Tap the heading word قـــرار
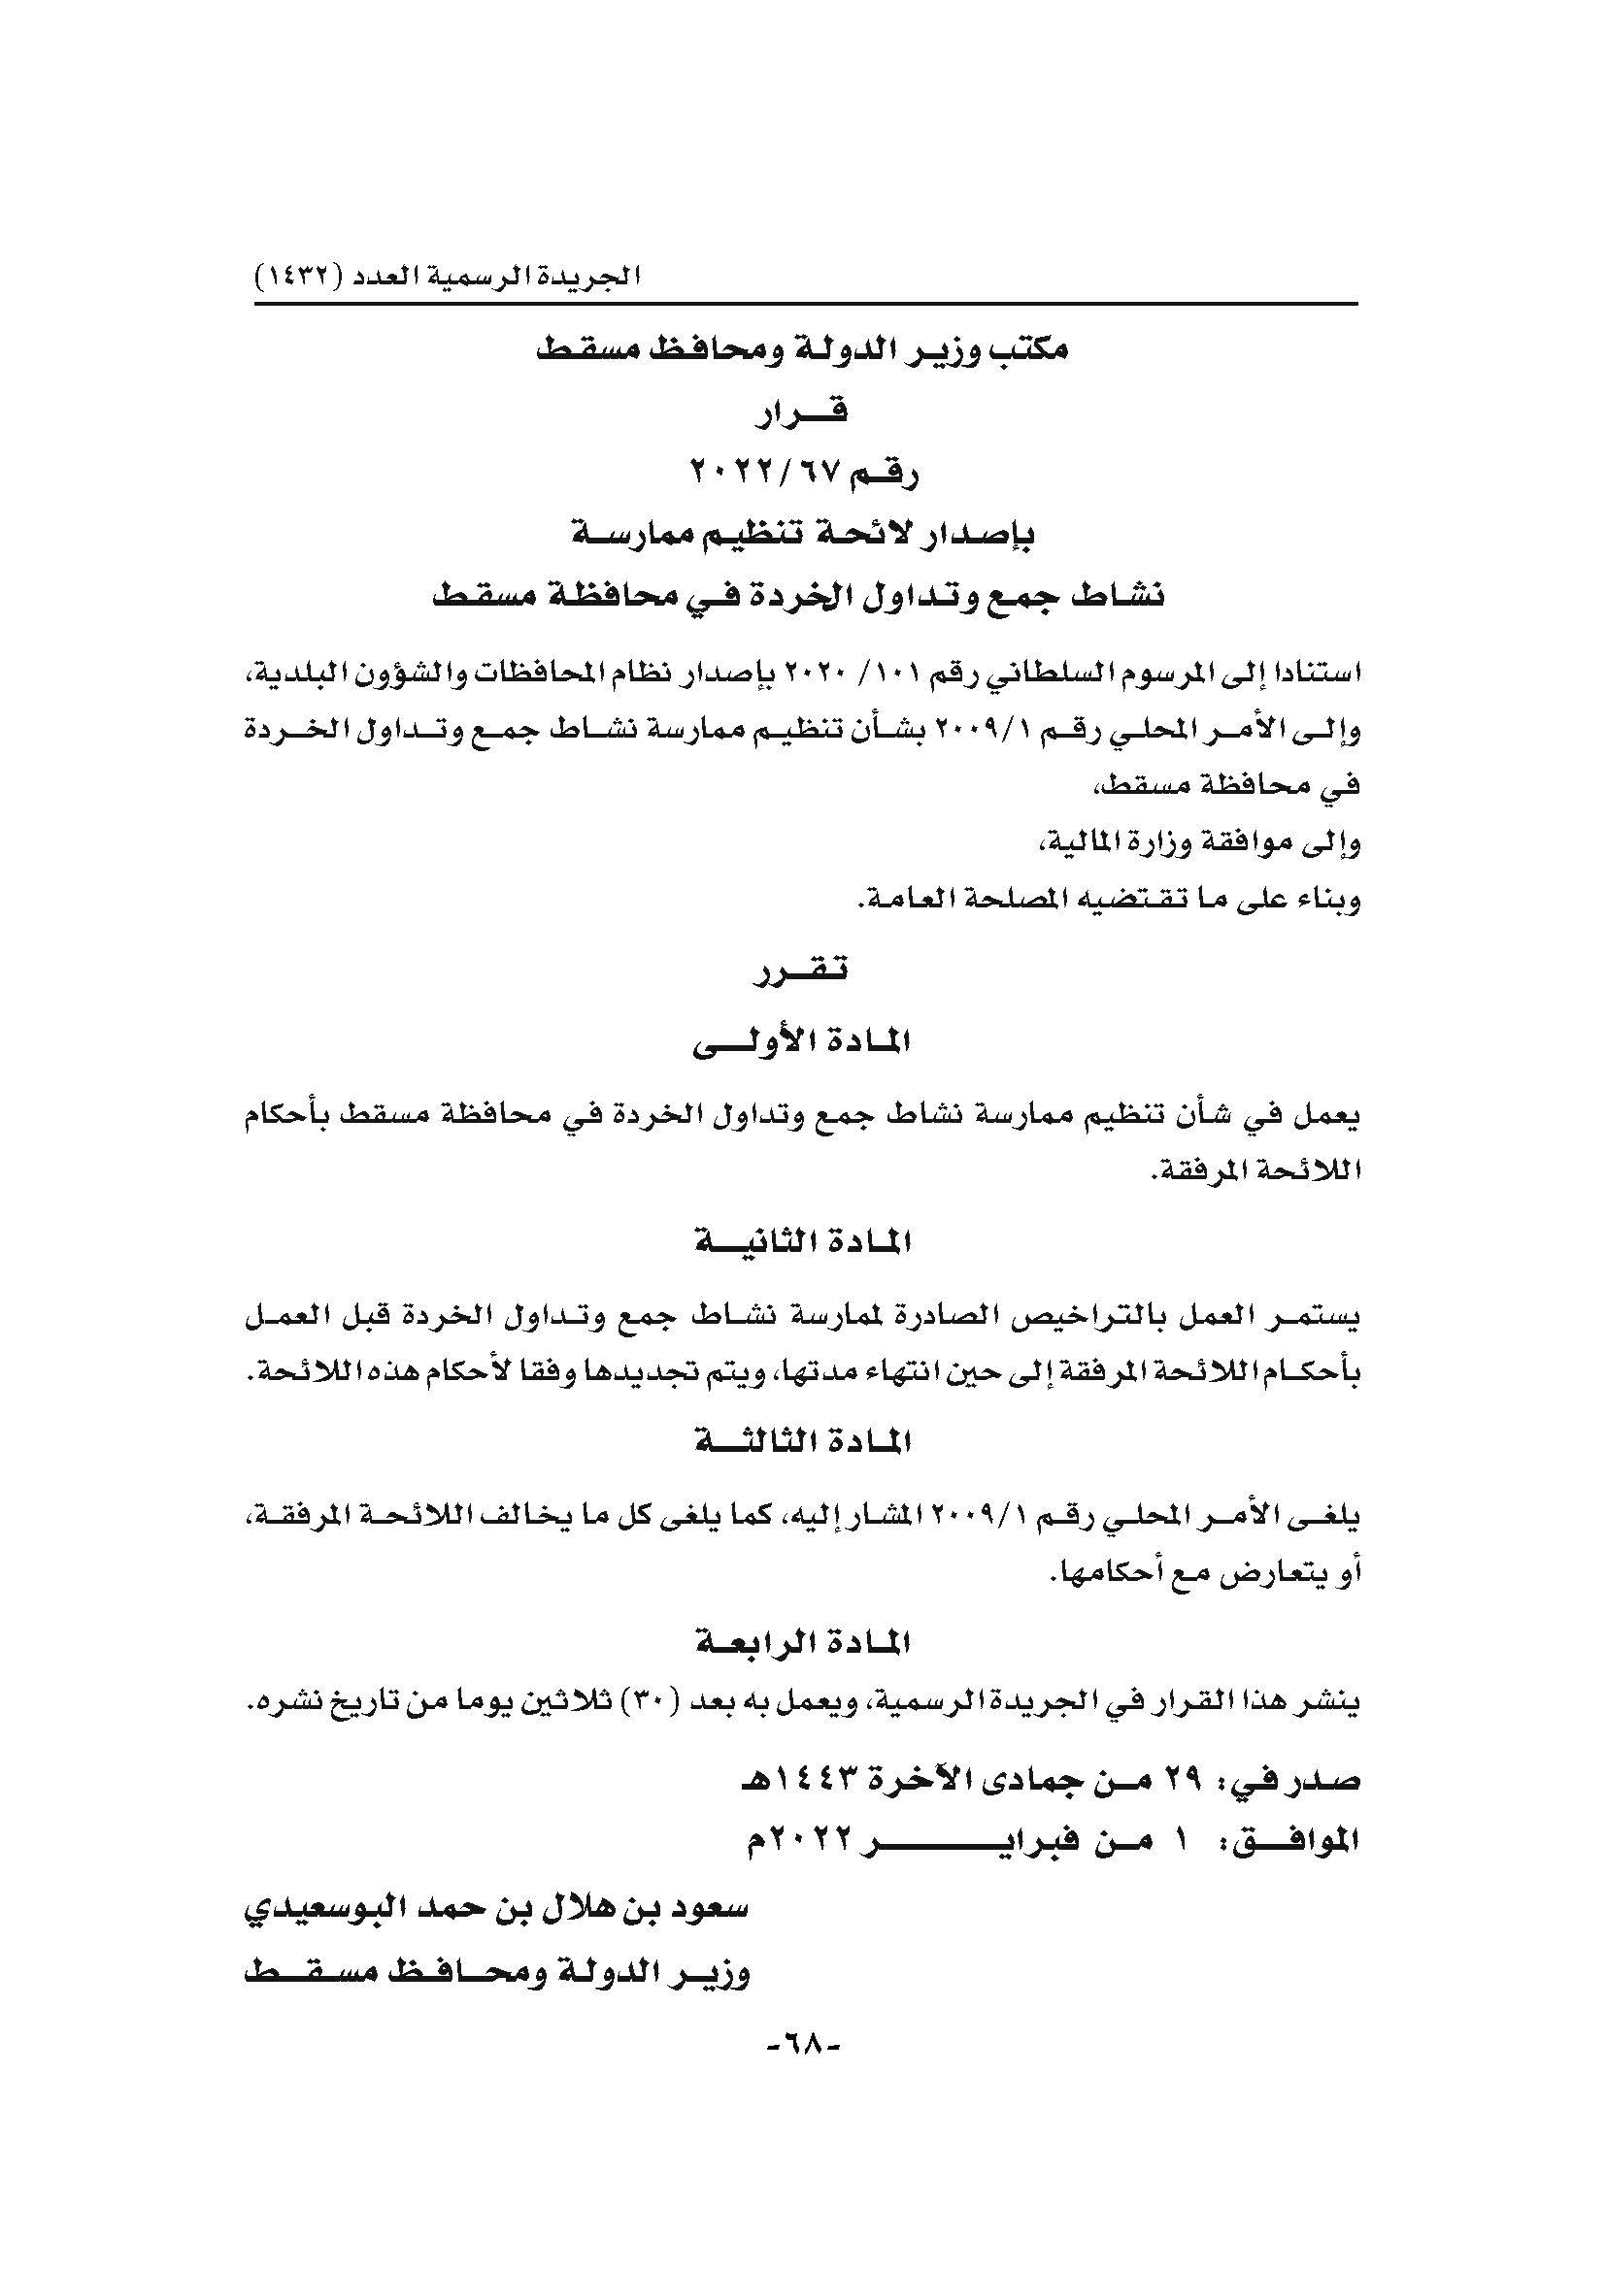pyautogui.click(x=802, y=412)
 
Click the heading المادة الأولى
pyautogui.click(x=802, y=1042)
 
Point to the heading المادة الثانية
pyautogui.click(x=802, y=1242)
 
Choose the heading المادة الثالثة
pyautogui.click(x=802, y=1442)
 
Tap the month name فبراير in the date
pyautogui.click(x=999, y=1839)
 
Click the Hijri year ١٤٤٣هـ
pyautogui.click(x=792, y=1782)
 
